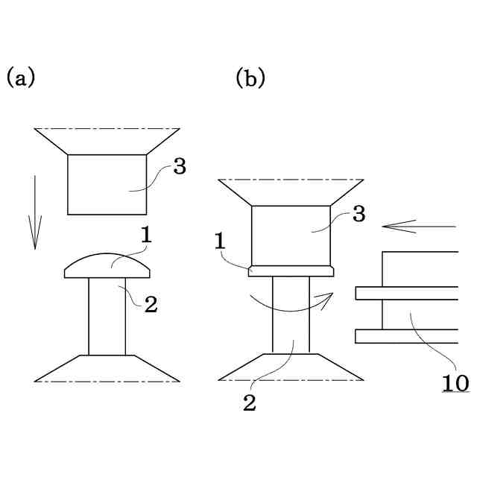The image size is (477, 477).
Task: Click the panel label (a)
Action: pos(21,77)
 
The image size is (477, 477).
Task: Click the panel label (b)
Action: pos(250,77)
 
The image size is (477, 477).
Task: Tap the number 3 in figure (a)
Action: pos(179,166)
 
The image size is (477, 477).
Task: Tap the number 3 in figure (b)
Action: pos(358,215)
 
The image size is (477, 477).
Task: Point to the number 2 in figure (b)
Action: pos(250,404)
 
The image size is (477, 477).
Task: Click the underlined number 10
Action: pos(454,383)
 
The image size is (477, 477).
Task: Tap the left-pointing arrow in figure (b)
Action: pos(417,225)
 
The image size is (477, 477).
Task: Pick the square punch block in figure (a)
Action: pos(107,184)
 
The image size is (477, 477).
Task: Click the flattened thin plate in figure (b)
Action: pos(291,271)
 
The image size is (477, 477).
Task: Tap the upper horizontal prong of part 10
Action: pos(407,293)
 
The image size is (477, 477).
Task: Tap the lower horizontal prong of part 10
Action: pos(407,336)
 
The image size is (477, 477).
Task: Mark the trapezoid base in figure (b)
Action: pos(291,366)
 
